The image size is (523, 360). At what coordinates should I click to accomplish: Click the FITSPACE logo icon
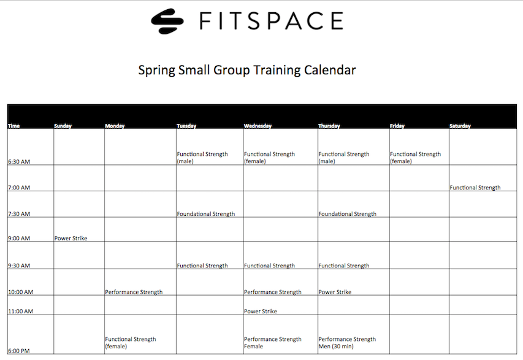(167, 21)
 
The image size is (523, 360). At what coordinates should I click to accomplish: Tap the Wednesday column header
(258, 126)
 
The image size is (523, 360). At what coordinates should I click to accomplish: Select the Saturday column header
(460, 126)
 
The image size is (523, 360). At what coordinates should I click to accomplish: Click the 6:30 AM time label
(19, 161)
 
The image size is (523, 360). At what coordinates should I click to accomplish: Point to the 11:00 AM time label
(21, 312)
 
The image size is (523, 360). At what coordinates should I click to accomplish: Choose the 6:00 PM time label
(19, 351)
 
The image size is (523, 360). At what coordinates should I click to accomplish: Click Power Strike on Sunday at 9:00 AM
(71, 238)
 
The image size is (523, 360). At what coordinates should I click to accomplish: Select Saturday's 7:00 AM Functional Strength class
(475, 188)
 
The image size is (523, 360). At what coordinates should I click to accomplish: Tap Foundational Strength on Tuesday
(206, 214)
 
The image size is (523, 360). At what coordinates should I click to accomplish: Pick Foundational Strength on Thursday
(347, 214)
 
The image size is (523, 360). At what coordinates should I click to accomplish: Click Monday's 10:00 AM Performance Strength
(134, 292)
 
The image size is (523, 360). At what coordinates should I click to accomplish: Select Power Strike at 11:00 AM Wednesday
(261, 312)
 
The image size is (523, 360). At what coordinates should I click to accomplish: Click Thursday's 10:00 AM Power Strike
(335, 292)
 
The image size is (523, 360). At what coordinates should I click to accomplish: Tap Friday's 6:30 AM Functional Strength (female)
(415, 158)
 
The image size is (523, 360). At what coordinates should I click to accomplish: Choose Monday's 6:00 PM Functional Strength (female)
(131, 343)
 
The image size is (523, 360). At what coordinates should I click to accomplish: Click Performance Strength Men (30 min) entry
(347, 343)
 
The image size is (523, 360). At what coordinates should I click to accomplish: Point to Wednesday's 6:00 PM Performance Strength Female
(273, 343)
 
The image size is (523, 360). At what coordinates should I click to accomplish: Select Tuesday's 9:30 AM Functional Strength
(202, 266)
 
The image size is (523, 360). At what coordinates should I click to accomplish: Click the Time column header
(13, 126)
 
